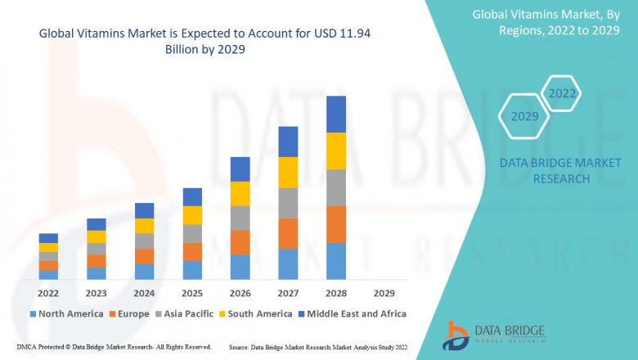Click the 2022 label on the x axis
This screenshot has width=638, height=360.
point(48,293)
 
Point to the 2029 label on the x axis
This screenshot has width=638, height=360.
point(384,293)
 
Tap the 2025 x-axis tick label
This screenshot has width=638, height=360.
point(192,293)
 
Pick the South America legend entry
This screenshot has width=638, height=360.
point(257,313)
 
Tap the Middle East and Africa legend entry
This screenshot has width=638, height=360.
point(352,313)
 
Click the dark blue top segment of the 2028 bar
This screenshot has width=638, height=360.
point(336,114)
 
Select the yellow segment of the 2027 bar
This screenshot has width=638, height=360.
point(288,173)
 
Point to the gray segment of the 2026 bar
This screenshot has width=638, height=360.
point(240,218)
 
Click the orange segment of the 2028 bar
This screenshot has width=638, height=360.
point(336,224)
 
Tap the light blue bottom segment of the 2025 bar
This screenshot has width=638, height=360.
point(192,271)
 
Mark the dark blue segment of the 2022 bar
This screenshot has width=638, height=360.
point(48,238)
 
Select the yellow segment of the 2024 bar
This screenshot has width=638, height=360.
point(144,226)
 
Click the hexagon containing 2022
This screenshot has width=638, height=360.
point(562,93)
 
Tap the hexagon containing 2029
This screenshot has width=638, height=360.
point(525,116)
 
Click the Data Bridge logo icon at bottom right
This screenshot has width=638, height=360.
point(455,336)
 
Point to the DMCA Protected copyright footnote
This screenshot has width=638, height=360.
point(114,348)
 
